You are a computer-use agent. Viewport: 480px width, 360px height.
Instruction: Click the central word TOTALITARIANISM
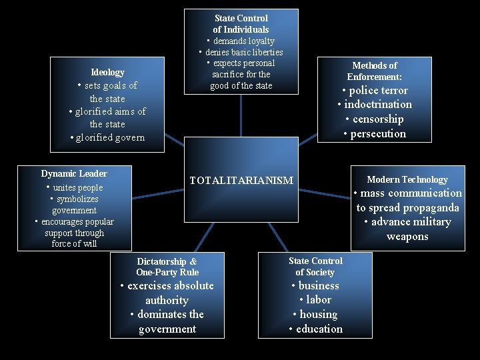tap(241, 181)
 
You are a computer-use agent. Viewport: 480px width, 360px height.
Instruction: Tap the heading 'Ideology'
tap(107, 72)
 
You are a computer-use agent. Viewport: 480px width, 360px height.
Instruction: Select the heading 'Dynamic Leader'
tap(74, 173)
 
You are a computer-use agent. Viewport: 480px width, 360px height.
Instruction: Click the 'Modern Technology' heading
tap(407, 179)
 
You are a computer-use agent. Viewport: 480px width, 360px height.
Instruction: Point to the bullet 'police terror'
tap(377, 91)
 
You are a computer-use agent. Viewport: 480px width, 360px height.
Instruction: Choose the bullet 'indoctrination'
tap(377, 105)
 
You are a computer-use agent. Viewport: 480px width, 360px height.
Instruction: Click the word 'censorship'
tap(377, 119)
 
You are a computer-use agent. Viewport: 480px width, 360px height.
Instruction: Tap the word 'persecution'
tap(377, 134)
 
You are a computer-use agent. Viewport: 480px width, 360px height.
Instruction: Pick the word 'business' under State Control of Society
tap(319, 286)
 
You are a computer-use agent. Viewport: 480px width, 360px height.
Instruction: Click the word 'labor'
tap(319, 300)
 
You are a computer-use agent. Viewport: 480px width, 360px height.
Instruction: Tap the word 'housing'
tap(319, 315)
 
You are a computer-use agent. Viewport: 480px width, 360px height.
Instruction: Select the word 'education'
tap(319, 329)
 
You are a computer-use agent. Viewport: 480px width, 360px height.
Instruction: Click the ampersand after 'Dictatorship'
tap(193, 262)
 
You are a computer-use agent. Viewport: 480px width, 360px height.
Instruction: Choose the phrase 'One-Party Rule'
tap(167, 272)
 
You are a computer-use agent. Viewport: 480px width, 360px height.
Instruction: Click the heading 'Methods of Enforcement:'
tap(374, 71)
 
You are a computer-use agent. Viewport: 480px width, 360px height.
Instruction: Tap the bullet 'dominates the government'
tap(167, 322)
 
